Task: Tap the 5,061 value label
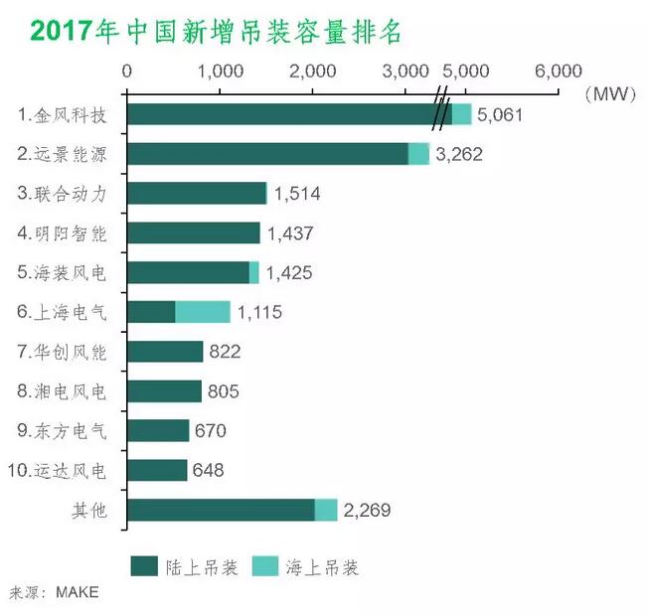coord(500,115)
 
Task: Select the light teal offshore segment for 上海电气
coord(203,312)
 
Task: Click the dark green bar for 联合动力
coord(198,194)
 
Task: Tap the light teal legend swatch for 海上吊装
coord(271,566)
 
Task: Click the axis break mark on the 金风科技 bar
coord(440,114)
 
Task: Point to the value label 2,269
coord(367,511)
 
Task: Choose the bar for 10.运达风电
coord(158,470)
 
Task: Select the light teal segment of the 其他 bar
coord(326,510)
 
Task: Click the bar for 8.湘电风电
coord(165,391)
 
